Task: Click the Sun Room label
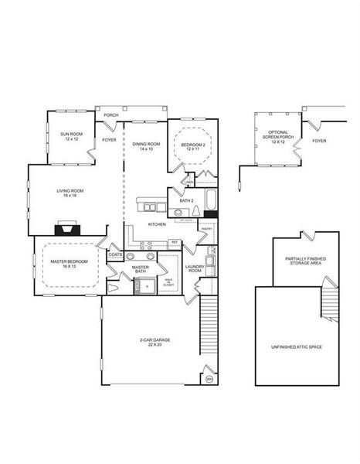71,137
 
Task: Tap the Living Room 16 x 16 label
70,193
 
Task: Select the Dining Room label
145,145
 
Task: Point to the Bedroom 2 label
193,145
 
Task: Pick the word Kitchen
158,225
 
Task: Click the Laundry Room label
194,268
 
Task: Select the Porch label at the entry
111,116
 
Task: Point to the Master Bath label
140,269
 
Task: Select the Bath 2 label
185,200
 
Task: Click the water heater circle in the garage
209,379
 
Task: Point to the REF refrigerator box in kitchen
175,243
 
